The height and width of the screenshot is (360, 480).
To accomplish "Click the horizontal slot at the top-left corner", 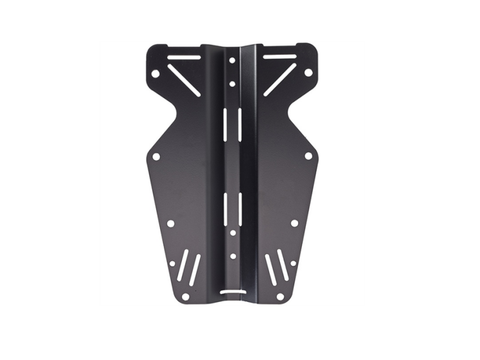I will pos(184,57).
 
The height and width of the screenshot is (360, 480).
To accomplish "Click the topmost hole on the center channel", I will pos(232,61).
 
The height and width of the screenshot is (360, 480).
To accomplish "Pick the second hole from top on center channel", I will pos(232,83).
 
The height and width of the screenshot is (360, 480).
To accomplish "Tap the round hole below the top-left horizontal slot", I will pos(156,74).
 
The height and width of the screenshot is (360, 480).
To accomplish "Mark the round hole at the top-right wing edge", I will pos(308,72).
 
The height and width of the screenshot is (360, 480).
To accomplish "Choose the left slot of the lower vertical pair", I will pos(225,207).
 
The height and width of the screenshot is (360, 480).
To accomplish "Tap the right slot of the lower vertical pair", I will pos(239,207).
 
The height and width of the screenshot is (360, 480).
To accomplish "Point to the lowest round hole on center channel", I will pos(232,256).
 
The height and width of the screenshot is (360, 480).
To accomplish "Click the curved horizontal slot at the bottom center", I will pos(232,291).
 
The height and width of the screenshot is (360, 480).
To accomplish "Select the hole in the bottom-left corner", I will pos(185,296).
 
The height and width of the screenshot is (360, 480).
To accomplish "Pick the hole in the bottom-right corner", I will pos(280,296).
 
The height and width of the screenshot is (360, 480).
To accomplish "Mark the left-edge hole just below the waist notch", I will pos(156,156).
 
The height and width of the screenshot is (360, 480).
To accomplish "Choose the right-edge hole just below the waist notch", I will pos(308,156).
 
